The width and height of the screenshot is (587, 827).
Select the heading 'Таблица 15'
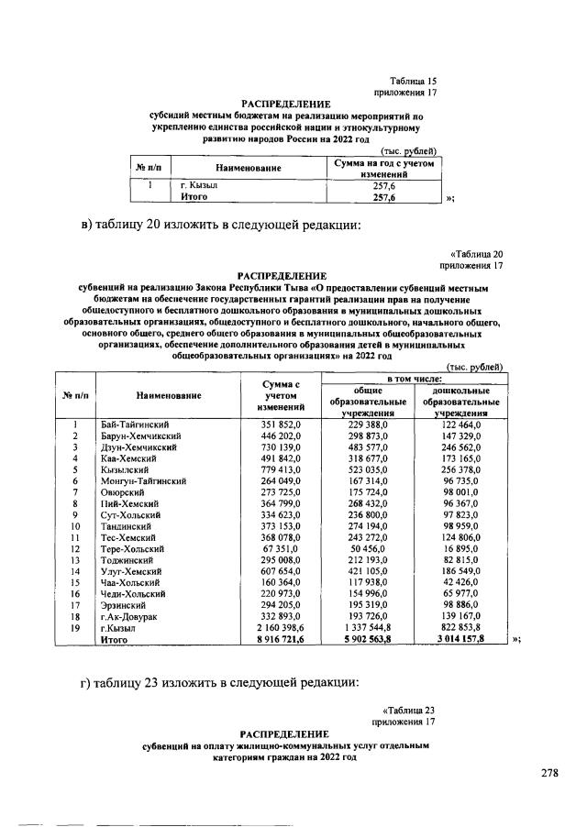(413, 82)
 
